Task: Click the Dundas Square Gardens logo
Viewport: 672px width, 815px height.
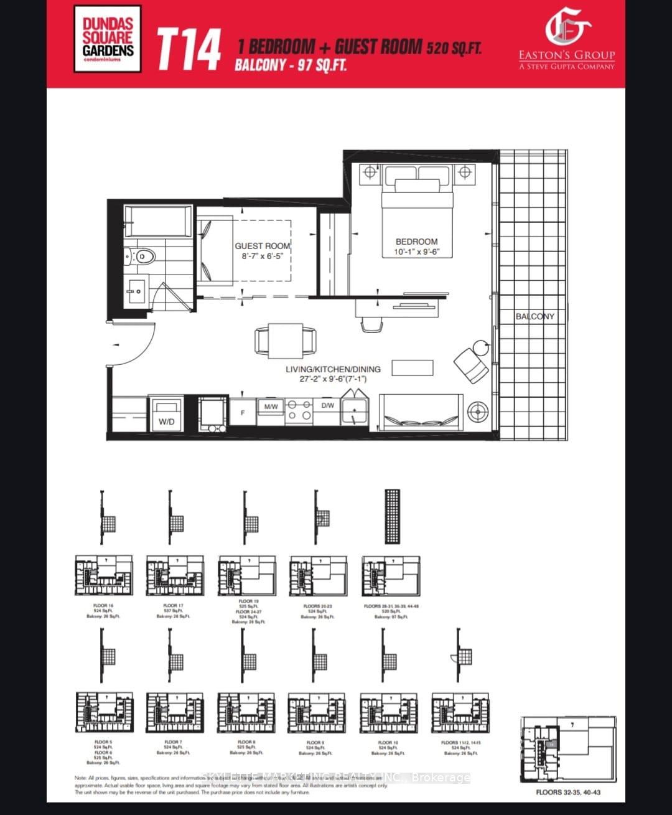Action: (x=108, y=39)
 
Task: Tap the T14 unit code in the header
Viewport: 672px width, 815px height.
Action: (x=189, y=49)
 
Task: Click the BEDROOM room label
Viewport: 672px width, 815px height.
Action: (x=416, y=242)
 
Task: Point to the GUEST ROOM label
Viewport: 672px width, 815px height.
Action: (x=262, y=246)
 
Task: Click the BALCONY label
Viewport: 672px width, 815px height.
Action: (x=534, y=316)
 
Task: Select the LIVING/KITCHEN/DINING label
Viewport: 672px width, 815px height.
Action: (x=333, y=369)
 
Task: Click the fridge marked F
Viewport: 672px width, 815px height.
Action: (x=243, y=413)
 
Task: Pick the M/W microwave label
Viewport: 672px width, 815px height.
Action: (x=271, y=407)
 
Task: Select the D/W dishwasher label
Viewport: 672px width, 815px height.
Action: (x=327, y=405)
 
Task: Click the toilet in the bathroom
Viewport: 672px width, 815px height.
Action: (x=142, y=256)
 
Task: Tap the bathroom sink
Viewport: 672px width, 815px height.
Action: (x=136, y=290)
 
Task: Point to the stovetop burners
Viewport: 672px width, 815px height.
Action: (x=299, y=411)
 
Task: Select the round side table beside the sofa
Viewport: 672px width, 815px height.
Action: (x=478, y=412)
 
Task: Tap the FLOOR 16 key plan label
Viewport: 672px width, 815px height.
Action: (x=103, y=605)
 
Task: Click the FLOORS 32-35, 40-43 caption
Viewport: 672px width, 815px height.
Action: (x=568, y=792)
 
